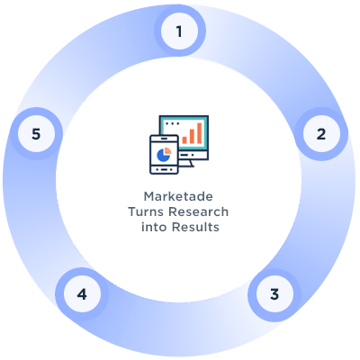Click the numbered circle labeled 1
(179, 31)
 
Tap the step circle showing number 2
(321, 133)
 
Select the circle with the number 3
(274, 294)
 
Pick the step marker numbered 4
(82, 294)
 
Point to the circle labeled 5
(36, 133)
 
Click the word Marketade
(178, 196)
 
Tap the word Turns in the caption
(147, 211)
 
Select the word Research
(199, 211)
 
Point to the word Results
(195, 227)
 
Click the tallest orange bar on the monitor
(200, 133)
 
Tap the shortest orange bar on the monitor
(184, 140)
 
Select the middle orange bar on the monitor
(192, 137)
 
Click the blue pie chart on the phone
(163, 156)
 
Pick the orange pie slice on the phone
(167, 150)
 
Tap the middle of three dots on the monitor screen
(172, 123)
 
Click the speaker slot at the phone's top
(164, 139)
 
